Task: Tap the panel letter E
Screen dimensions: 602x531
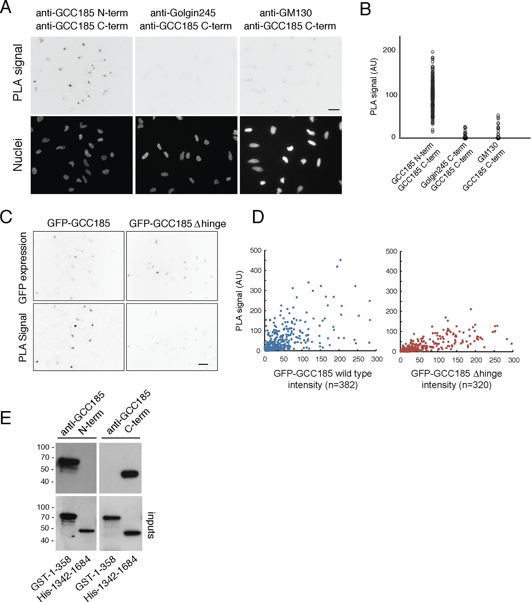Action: point(6,418)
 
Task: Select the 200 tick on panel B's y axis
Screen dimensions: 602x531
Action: point(389,50)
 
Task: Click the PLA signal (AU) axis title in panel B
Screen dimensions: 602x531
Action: point(373,86)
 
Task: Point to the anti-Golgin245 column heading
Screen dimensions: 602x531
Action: point(183,13)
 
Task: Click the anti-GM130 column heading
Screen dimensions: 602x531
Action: point(286,13)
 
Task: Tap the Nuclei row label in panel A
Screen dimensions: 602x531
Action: point(18,155)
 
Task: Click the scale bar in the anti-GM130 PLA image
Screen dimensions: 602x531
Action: point(334,110)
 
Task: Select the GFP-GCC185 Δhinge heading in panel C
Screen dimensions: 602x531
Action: point(177,224)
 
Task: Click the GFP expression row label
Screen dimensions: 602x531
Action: point(23,268)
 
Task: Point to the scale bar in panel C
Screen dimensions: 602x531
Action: point(203,364)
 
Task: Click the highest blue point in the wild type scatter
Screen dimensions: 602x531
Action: point(340,260)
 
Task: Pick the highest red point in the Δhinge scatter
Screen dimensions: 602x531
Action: point(471,309)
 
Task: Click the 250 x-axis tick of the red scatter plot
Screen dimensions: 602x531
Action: point(495,360)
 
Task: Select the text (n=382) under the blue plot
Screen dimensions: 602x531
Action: point(341,385)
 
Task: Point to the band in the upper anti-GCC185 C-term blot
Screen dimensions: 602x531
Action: point(129,474)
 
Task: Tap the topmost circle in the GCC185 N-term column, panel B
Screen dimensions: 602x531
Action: point(433,52)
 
